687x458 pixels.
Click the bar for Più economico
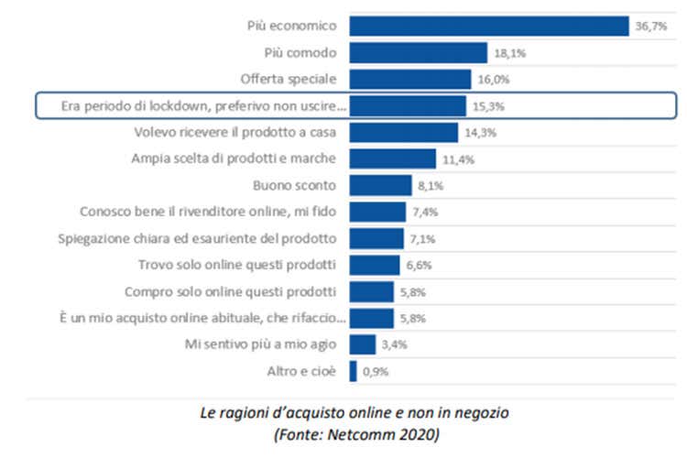(488, 26)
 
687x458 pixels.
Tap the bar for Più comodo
(418, 53)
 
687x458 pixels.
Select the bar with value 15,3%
(407, 106)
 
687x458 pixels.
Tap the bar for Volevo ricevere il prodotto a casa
(403, 133)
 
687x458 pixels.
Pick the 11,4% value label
(457, 159)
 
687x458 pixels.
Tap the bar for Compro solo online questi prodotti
(371, 292)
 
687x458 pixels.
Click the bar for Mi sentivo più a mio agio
(362, 344)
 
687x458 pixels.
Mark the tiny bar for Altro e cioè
(353, 371)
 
